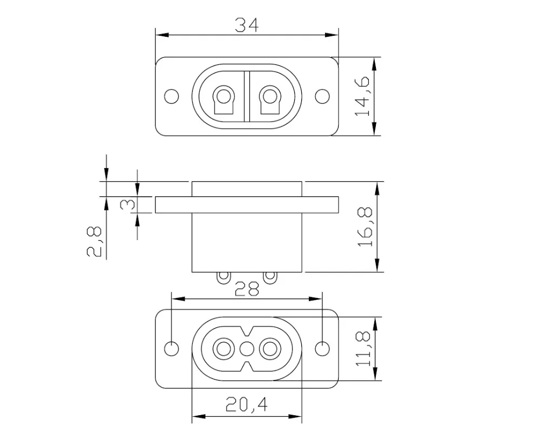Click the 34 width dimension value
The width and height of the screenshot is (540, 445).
point(247,24)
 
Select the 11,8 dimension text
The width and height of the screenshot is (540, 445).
point(363,349)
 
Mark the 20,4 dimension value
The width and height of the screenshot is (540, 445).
point(247,404)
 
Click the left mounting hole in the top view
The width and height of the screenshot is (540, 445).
point(172,96)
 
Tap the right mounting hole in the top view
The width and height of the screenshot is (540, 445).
point(322,96)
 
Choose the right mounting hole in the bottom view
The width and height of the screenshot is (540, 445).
point(322,349)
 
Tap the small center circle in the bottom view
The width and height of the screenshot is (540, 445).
point(246,349)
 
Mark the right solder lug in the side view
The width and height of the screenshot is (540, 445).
point(269,277)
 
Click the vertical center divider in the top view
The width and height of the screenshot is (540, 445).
point(246,96)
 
